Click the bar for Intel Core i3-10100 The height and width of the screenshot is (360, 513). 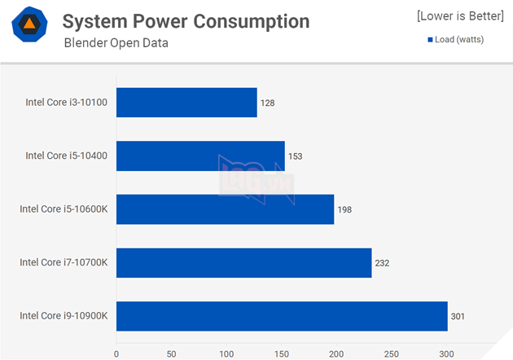coord(186,103)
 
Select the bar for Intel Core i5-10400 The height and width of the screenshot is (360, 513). coord(200,156)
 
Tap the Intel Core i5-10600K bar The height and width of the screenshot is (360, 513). coord(225,209)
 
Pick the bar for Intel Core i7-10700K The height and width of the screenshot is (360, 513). coord(243,262)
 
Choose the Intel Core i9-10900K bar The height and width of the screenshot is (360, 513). coord(282,316)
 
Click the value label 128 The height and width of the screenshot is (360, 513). coord(268,103)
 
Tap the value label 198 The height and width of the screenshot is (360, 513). coord(345,209)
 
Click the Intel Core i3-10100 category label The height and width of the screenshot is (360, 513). coord(68,103)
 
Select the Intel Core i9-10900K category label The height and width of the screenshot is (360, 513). coord(64,316)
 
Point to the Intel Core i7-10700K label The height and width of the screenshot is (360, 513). coord(64,262)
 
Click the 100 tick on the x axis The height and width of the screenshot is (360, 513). coord(226,353)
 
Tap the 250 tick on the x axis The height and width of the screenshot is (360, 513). coord(391,353)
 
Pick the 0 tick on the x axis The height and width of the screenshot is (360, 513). coord(116,353)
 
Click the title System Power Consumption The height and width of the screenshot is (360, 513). coord(186,21)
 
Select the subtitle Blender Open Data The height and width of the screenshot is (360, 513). coord(116,42)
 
